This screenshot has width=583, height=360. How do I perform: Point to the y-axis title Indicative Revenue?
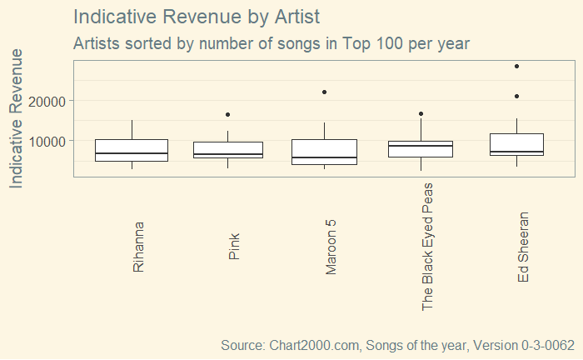[x=17, y=117]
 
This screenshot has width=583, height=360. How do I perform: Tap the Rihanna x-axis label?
[x=138, y=247]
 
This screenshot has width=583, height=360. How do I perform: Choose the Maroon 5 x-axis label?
[x=331, y=247]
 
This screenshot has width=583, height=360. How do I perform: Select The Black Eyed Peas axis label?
[x=428, y=247]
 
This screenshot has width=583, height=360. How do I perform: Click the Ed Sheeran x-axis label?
[x=524, y=247]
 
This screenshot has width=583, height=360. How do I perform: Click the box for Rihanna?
[x=132, y=150]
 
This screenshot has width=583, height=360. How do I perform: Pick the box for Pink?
[x=228, y=150]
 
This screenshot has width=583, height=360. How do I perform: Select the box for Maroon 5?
[x=325, y=152]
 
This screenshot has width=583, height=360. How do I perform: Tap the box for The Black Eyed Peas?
[x=421, y=149]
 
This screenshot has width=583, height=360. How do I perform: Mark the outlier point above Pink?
[x=228, y=114]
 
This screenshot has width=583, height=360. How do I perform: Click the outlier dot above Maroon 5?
[x=325, y=92]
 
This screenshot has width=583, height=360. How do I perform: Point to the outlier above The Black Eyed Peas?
[x=421, y=113]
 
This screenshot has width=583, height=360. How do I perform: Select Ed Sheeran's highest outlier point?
[x=517, y=66]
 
